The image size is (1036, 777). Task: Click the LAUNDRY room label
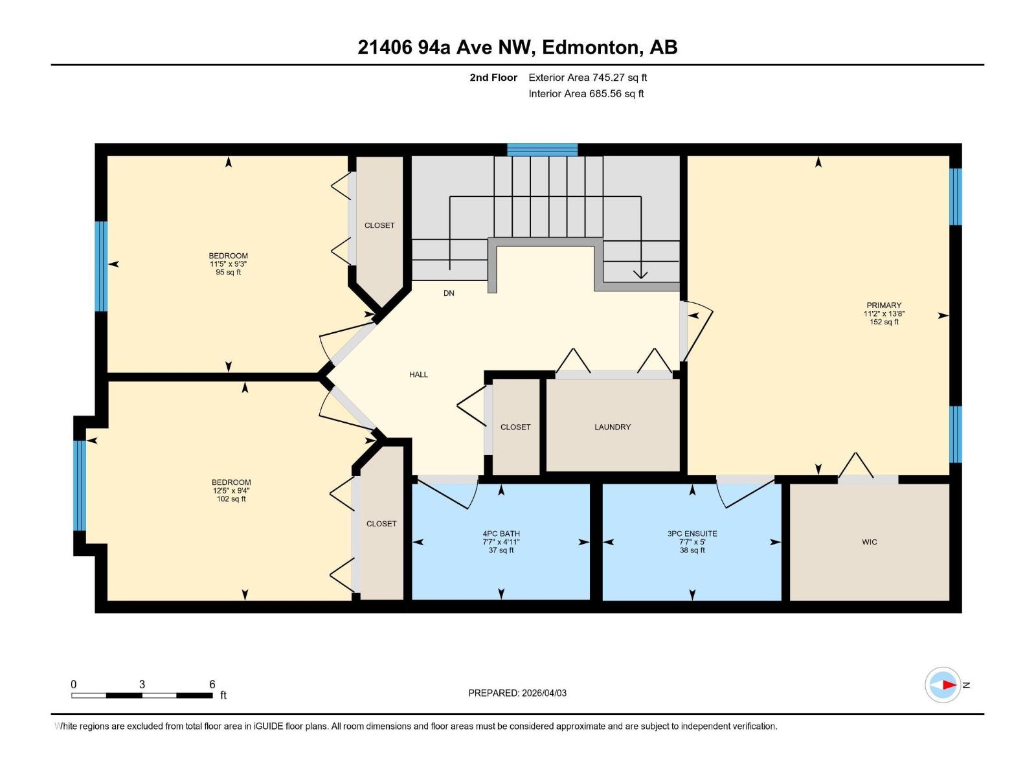pyautogui.click(x=612, y=427)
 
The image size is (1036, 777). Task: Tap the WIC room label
pyautogui.click(x=869, y=542)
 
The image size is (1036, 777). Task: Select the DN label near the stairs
pyautogui.click(x=449, y=293)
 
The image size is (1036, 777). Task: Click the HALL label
pyautogui.click(x=418, y=374)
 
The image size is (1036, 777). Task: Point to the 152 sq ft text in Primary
pyautogui.click(x=883, y=322)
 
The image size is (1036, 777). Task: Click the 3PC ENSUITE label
pyautogui.click(x=692, y=534)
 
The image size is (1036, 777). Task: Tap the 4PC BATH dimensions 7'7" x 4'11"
pyautogui.click(x=501, y=542)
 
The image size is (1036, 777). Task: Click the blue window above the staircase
pyautogui.click(x=542, y=150)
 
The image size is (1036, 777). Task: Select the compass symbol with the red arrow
pyautogui.click(x=943, y=684)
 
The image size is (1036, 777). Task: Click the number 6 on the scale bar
pyautogui.click(x=212, y=684)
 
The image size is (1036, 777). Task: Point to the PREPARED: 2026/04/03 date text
pyautogui.click(x=517, y=693)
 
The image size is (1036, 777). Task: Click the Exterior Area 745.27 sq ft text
pyautogui.click(x=587, y=78)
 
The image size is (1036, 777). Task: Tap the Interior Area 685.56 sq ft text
pyautogui.click(x=585, y=94)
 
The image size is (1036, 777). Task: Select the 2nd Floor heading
pyautogui.click(x=493, y=78)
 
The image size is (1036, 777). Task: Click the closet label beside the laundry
pyautogui.click(x=515, y=427)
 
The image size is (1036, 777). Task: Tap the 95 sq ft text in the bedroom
pyautogui.click(x=228, y=273)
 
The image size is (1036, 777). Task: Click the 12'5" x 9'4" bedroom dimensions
pyautogui.click(x=231, y=491)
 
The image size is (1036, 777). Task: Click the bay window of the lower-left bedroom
pyautogui.click(x=79, y=486)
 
